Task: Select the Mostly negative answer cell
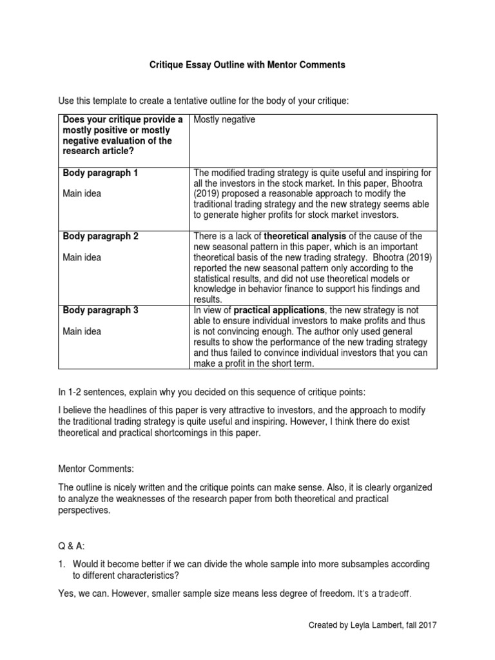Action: pyautogui.click(x=220, y=120)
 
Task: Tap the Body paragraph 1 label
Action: pyautogui.click(x=100, y=173)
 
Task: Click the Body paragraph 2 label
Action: pyautogui.click(x=100, y=236)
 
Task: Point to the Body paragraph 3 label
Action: pyautogui.click(x=100, y=310)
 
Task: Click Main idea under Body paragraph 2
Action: pyautogui.click(x=81, y=257)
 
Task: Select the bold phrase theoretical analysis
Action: pyautogui.click(x=304, y=236)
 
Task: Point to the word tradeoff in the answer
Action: pyautogui.click(x=389, y=593)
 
